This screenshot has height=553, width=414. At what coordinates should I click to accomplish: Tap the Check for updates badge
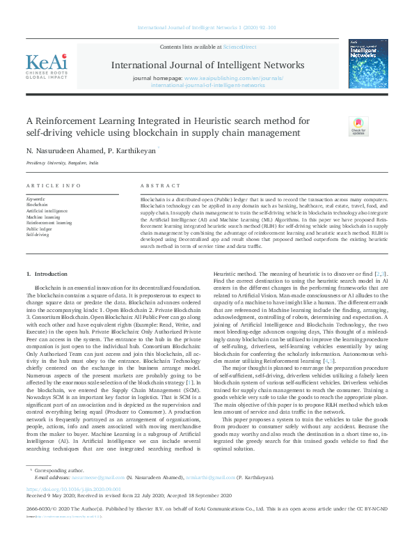click(x=358, y=127)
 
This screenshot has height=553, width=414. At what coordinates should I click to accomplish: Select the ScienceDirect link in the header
click(x=239, y=47)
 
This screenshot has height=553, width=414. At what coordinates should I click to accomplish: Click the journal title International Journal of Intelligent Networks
click(x=207, y=65)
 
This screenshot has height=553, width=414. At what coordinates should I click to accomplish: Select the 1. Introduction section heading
click(x=47, y=274)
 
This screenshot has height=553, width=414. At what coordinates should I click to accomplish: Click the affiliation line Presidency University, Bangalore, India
click(x=62, y=162)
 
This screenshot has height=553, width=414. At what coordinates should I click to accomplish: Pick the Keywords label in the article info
click(x=35, y=199)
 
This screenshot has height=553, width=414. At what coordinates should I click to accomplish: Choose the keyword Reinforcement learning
click(x=49, y=223)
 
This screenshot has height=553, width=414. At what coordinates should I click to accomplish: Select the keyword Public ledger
click(x=39, y=228)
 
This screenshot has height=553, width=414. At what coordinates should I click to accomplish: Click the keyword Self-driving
click(x=38, y=235)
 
